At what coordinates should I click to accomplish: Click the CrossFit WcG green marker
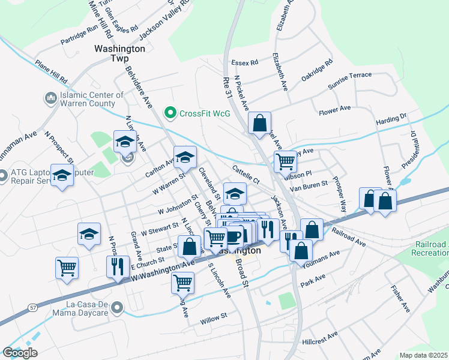pyautogui.click(x=170, y=112)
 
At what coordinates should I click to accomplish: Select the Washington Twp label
pyautogui.click(x=119, y=53)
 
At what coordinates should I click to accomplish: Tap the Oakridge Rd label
pyautogui.click(x=317, y=70)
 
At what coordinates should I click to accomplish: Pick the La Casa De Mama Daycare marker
pyautogui.click(x=118, y=308)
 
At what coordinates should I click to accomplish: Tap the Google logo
pyautogui.click(x=20, y=353)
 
